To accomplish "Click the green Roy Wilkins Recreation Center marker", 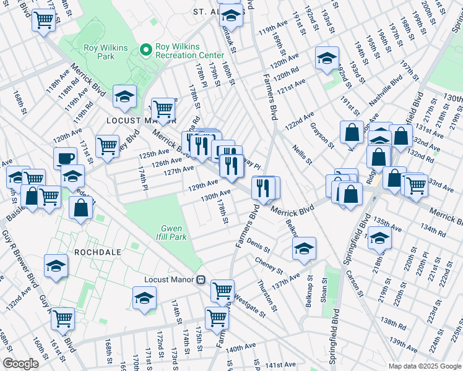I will click(x=146, y=48).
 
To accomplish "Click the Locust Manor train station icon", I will click(x=200, y=279).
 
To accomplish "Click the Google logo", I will click(x=21, y=364).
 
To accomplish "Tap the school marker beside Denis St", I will click(x=303, y=249).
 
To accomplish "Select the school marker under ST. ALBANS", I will click(x=231, y=15).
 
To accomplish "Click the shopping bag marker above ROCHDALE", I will click(x=80, y=208).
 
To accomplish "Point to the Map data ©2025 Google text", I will click(x=425, y=366).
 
